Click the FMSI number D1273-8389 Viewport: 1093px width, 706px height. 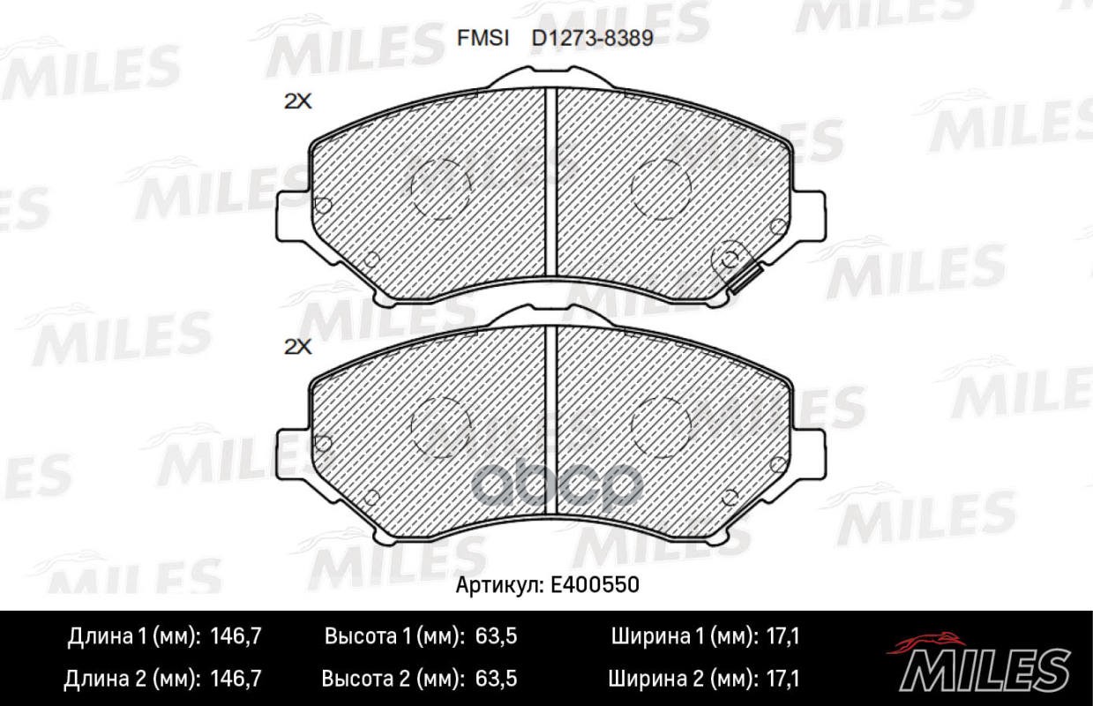click(592, 39)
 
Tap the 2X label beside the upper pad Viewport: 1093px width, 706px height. click(297, 101)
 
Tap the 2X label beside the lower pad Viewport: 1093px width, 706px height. click(297, 347)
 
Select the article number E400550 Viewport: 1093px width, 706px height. click(596, 585)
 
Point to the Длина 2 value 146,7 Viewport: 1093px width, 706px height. click(238, 679)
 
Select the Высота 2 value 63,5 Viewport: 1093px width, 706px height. click(495, 679)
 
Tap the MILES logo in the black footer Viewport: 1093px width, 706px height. click(979, 664)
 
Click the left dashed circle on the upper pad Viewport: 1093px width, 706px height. click(441, 189)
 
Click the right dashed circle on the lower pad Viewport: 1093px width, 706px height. click(661, 426)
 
